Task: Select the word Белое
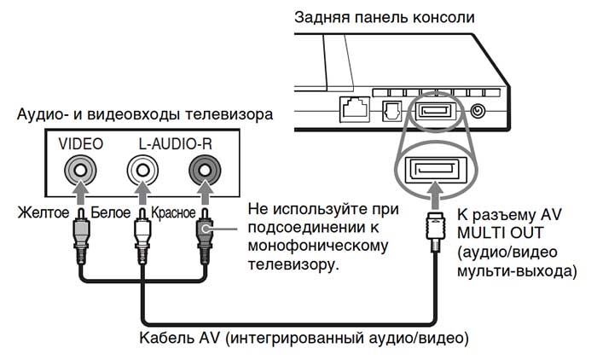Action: [112, 212]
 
